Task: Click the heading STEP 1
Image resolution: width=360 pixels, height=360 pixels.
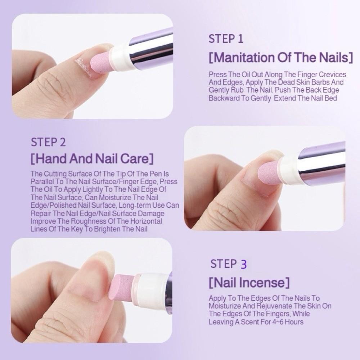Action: [x=226, y=39]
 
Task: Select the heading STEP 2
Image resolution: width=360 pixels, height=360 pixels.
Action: [x=48, y=142]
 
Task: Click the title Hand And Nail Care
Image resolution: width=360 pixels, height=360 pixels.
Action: [x=92, y=158]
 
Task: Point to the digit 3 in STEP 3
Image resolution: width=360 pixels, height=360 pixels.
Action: [x=244, y=264]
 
